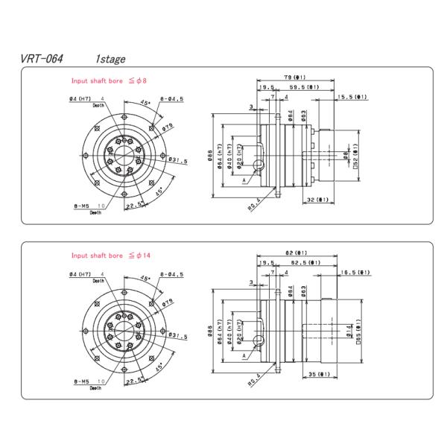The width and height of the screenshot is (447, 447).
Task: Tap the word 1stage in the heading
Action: click(110, 58)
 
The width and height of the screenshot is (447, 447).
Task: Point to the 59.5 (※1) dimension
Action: click(305, 87)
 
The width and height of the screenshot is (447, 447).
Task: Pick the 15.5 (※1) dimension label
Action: click(352, 97)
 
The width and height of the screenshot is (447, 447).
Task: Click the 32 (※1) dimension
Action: click(318, 200)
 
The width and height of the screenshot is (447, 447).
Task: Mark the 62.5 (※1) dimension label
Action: click(305, 263)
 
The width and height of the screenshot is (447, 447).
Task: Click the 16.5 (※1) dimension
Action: click(354, 273)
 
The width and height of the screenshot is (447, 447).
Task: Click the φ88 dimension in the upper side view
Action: click(211, 156)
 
